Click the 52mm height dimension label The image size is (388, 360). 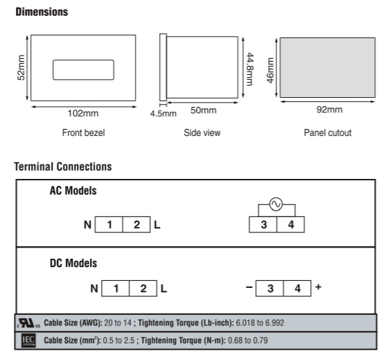click(21, 68)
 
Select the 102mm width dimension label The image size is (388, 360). click(83, 113)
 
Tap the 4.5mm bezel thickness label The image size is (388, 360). click(164, 114)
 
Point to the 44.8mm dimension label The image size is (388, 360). click(250, 69)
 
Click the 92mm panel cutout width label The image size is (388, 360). click(329, 110)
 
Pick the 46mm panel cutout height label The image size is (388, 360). click(270, 70)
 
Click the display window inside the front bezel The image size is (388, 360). click(83, 69)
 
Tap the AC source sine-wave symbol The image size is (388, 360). click(276, 204)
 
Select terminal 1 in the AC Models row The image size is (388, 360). click(109, 225)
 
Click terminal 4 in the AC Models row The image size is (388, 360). click(290, 225)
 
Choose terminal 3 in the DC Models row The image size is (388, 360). click(270, 289)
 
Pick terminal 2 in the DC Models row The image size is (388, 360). click(143, 289)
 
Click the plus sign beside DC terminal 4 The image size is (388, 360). click(319, 287)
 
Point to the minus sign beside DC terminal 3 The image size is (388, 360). click(249, 287)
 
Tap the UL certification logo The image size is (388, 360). click(28, 323)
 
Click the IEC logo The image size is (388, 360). click(28, 341)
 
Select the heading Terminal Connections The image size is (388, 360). click(63, 166)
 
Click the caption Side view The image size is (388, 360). click(202, 132)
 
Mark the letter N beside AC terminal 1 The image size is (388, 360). click(87, 225)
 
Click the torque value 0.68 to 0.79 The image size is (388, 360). click(248, 340)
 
